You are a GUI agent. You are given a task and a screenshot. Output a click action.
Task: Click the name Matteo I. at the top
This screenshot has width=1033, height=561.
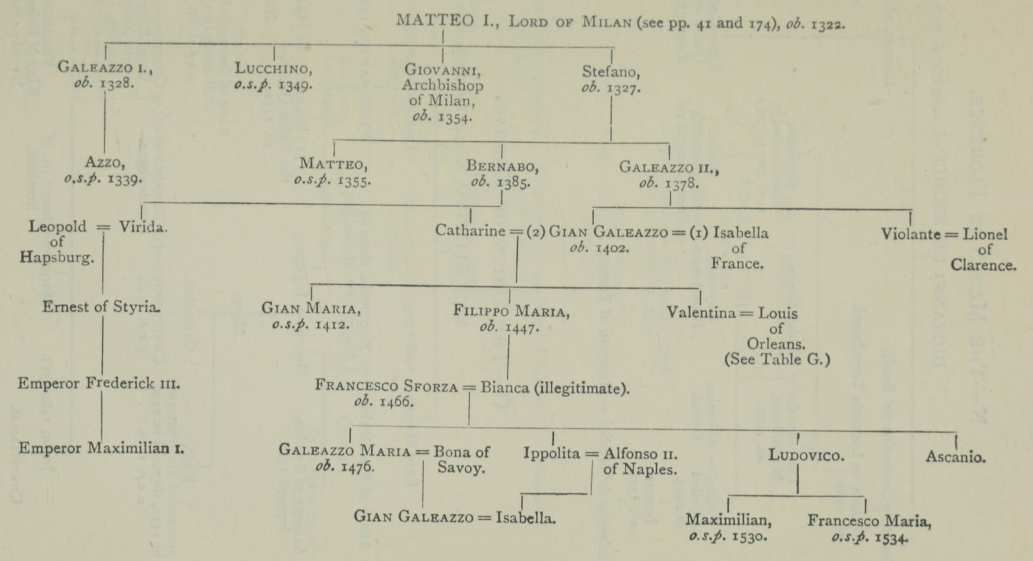pos(447,21)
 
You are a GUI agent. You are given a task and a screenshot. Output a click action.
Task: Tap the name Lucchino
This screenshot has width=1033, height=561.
pos(273,68)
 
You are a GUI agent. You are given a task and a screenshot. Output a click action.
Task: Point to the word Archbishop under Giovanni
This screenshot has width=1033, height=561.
pos(442,85)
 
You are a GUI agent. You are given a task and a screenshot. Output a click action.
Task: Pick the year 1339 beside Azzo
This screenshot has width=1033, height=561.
pos(124,179)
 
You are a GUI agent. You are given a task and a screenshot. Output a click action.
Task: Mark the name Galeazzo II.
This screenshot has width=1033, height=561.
pos(669,167)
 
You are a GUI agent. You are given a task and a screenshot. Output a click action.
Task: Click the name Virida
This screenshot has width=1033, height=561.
pos(143,227)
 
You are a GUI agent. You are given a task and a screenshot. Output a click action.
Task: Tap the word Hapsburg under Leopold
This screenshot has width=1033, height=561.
pos(57,257)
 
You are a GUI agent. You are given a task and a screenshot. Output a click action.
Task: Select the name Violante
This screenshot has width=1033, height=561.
pos(911,234)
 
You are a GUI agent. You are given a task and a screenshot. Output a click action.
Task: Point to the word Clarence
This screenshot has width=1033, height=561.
pos(983,265)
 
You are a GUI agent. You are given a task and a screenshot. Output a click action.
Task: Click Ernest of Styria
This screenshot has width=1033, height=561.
pos(101,307)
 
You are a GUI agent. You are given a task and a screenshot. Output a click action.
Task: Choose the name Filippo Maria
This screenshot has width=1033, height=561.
pos(511,311)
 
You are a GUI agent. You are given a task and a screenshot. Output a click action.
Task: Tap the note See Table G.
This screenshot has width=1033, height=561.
pos(777,359)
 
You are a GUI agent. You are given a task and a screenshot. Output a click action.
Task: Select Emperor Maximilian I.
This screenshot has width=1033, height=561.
pos(101,448)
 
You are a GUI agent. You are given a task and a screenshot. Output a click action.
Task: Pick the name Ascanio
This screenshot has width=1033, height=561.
pos(955,457)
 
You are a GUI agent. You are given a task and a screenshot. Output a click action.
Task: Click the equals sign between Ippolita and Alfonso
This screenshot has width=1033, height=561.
pos(592,454)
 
